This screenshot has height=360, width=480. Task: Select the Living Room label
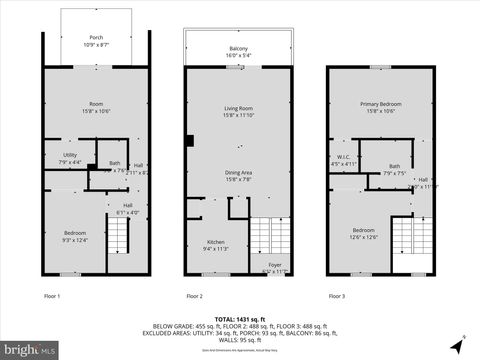pos(238,111)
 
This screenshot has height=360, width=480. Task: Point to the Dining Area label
pos(238,176)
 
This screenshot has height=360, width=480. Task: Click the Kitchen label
pos(216,245)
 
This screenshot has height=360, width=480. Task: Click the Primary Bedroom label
pos(380,107)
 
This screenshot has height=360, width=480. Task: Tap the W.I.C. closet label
pos(343,159)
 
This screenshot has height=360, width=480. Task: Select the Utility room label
pos(70,158)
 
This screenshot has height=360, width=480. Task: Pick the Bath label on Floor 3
pos(394,169)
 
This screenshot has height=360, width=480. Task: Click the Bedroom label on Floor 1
pos(75,236)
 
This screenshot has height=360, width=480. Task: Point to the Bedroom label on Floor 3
pos(363,233)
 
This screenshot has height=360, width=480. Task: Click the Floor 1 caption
pos(52,296)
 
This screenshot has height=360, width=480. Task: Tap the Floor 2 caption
pos(194,296)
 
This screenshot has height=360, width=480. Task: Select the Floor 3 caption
pos(337,296)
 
